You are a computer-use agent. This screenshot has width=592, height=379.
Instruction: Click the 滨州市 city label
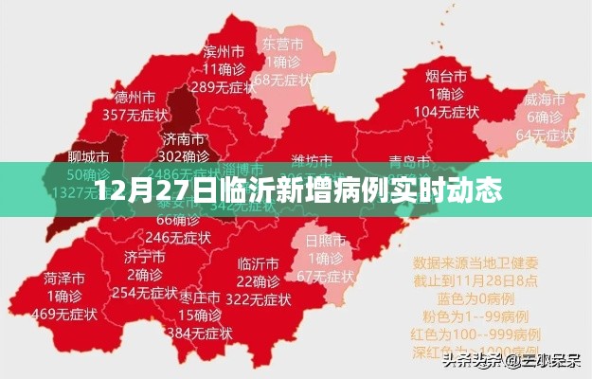224,51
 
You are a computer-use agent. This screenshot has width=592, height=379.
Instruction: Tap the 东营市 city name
282,44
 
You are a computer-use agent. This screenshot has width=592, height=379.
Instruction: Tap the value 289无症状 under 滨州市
224,87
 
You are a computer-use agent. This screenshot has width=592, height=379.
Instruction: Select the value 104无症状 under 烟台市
444,112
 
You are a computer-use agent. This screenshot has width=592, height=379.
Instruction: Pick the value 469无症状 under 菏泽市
64,315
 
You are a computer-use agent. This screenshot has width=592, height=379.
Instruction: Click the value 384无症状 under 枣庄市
200,333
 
